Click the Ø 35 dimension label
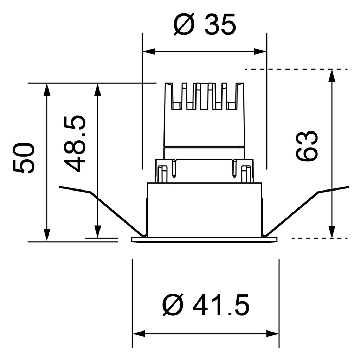pyautogui.click(x=205, y=24)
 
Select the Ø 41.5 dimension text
pyautogui.click(x=206, y=305)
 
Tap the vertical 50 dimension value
pyautogui.click(x=24, y=158)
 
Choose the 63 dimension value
pyautogui.click(x=307, y=146)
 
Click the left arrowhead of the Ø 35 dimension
pyautogui.click(x=149, y=51)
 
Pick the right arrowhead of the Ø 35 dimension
pyautogui.click(x=260, y=51)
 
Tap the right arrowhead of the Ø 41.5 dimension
pyautogui.click(x=272, y=334)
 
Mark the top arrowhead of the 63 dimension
pyautogui.click(x=332, y=75)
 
